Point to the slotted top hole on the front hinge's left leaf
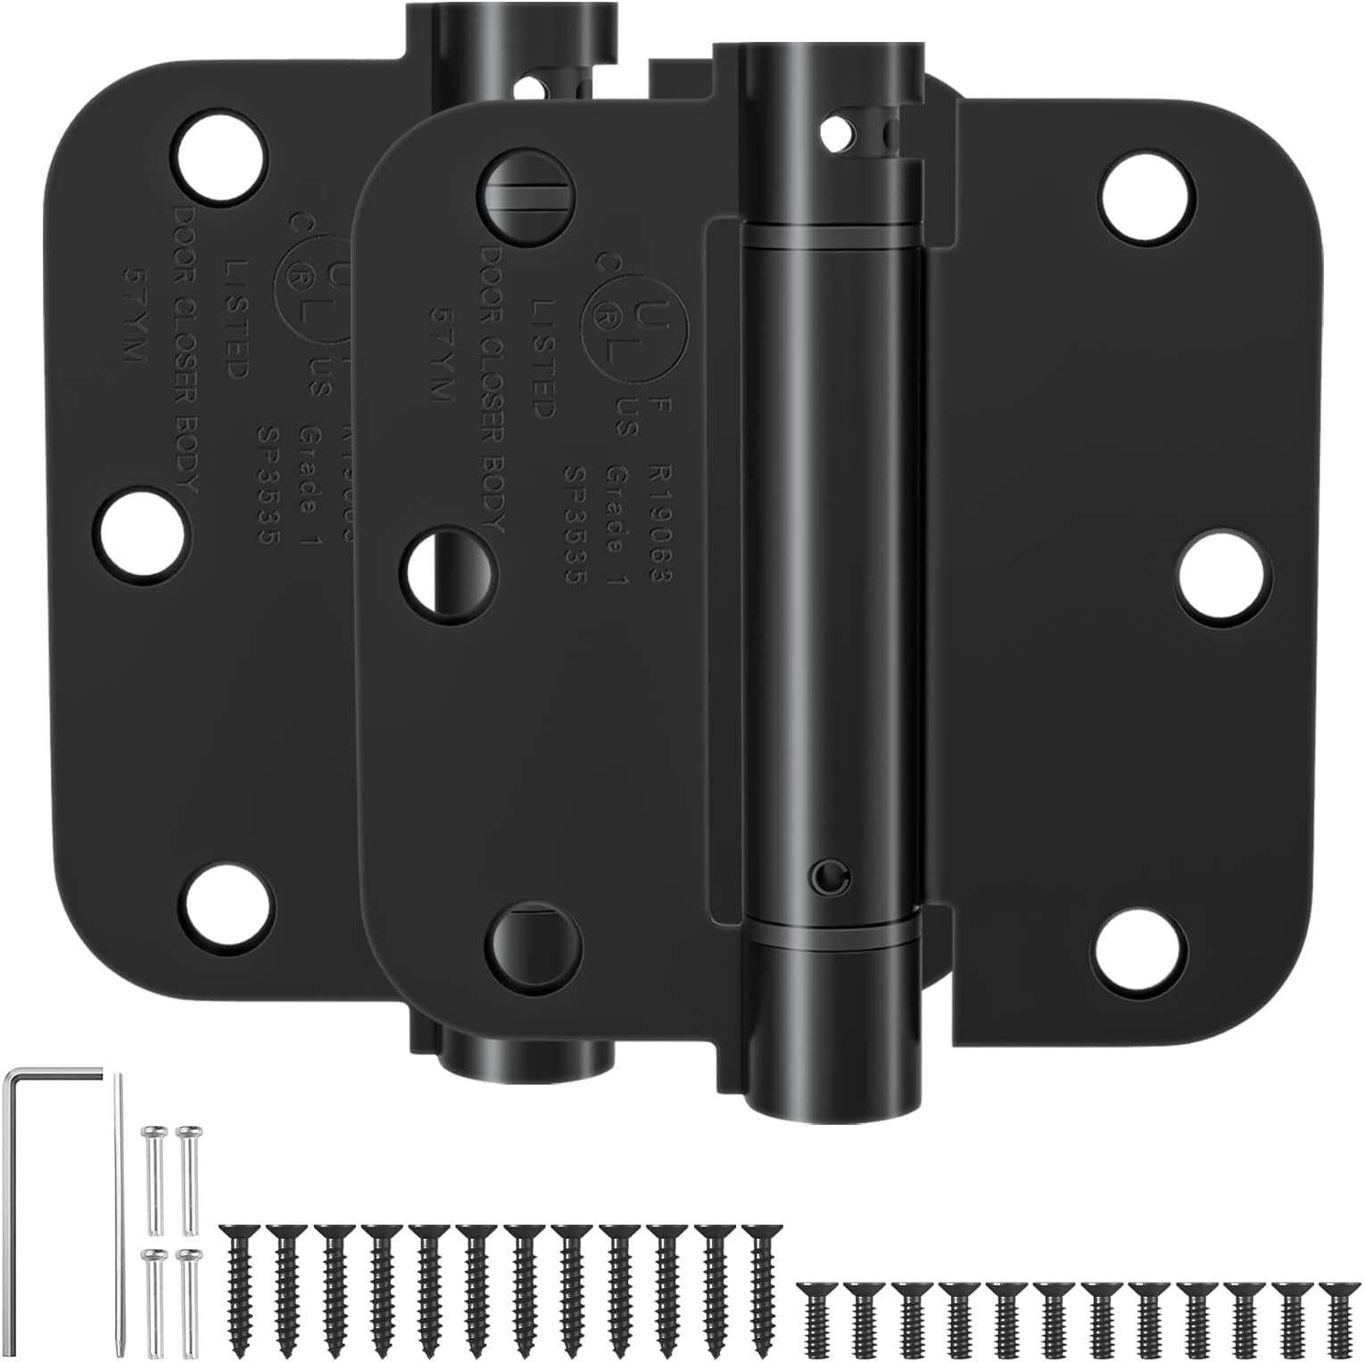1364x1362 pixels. [x=528, y=192]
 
